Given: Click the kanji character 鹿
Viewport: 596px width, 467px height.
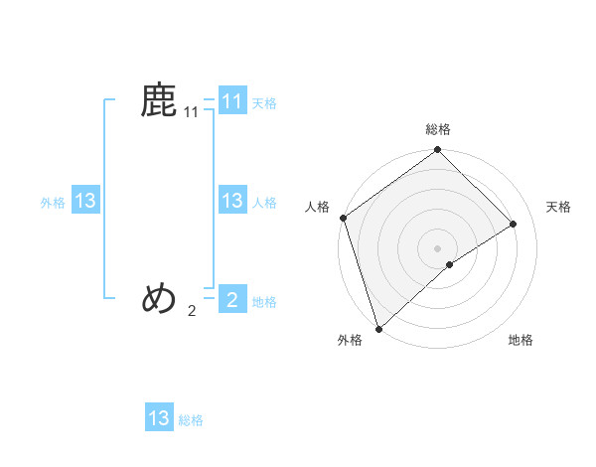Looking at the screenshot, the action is click(159, 101).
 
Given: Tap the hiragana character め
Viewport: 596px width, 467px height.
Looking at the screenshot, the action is click(159, 297).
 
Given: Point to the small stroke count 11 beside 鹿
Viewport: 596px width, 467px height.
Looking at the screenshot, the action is click(192, 114).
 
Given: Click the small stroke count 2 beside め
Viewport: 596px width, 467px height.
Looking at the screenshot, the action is click(192, 311).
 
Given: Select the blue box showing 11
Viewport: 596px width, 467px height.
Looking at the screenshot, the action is click(231, 101).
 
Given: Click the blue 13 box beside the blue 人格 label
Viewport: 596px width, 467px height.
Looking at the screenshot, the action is click(231, 201).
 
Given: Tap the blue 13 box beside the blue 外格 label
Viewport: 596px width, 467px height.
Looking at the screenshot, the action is click(85, 201).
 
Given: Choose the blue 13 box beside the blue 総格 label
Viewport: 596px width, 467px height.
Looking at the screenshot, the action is click(159, 418).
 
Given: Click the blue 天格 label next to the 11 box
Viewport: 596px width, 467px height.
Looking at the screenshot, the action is click(264, 102).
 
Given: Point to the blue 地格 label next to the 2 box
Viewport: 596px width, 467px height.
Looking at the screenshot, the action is click(264, 302).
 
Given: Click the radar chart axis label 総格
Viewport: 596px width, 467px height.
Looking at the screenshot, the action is click(438, 129).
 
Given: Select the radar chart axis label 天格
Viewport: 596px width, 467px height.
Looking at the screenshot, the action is click(559, 207).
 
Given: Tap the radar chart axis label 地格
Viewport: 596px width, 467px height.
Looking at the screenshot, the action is click(521, 341).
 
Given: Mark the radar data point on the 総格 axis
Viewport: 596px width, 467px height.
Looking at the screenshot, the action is click(438, 150).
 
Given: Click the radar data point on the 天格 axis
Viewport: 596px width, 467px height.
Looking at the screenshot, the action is click(514, 224).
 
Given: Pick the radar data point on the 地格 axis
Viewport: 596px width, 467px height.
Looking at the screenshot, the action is click(450, 264).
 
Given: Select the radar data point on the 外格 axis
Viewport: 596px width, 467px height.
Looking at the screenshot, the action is click(378, 328).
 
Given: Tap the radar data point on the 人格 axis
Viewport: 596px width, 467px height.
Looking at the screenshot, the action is click(343, 218).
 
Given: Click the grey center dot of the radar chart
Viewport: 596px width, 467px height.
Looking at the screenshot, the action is click(438, 247).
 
